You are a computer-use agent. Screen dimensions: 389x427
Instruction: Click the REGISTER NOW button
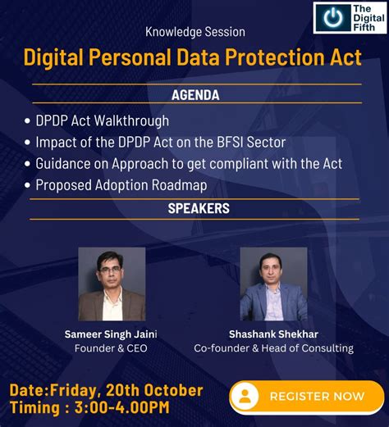click(307, 396)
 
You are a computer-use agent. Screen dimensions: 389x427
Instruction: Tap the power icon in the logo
click(333, 17)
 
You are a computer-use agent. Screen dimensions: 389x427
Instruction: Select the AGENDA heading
click(195, 95)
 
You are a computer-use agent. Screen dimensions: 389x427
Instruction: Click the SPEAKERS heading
click(199, 208)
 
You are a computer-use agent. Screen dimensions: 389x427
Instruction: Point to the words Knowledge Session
click(195, 32)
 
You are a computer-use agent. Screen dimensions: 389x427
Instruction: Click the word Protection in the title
click(275, 57)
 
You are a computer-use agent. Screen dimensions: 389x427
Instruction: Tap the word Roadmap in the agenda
click(179, 185)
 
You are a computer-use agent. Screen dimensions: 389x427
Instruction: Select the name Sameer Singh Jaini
click(111, 334)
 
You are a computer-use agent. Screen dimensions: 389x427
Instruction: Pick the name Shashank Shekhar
click(273, 334)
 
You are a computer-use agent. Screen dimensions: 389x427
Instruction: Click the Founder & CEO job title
click(111, 348)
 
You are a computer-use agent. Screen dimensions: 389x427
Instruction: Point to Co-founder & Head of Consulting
click(273, 348)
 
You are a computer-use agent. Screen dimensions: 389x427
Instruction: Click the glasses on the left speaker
click(110, 270)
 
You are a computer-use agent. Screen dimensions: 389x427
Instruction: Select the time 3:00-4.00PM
click(122, 407)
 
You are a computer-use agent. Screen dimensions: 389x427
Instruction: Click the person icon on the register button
click(245, 396)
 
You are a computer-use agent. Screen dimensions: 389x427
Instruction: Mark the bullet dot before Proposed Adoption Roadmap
click(27, 185)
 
